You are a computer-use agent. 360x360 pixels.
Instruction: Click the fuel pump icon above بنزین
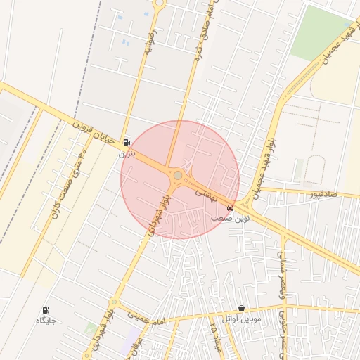pos(127,141)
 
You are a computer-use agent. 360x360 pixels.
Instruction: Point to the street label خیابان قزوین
pos(92,131)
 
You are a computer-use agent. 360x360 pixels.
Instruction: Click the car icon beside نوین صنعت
pos(231,207)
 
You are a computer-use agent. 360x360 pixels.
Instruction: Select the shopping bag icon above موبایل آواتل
pos(241,308)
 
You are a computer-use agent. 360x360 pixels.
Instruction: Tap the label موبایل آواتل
pos(241,319)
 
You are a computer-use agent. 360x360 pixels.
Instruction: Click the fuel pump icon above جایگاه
pos(46,310)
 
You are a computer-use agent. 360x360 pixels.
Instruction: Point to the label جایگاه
pos(46,321)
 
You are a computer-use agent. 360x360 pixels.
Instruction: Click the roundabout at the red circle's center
pos(179,175)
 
